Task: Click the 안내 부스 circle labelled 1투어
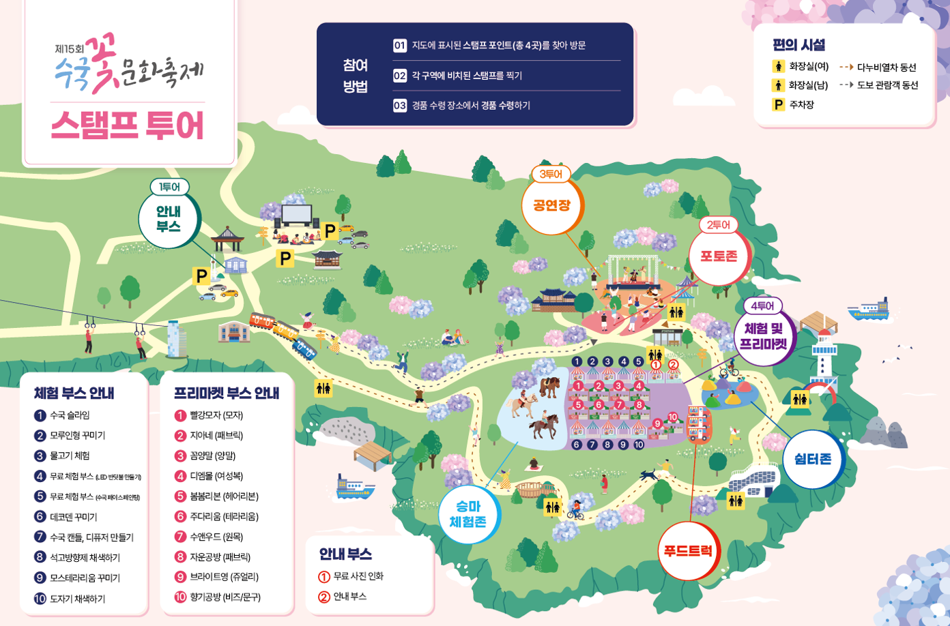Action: tap(169, 220)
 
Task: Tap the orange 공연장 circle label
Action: tap(551, 205)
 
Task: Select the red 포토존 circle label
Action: tap(719, 256)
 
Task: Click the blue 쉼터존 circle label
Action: tap(813, 459)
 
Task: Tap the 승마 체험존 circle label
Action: tap(467, 514)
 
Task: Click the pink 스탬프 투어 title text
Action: tap(128, 125)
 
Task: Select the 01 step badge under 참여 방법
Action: tap(400, 46)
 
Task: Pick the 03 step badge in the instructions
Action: tap(400, 106)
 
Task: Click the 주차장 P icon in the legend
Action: tap(778, 105)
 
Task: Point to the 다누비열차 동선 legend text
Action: tap(887, 68)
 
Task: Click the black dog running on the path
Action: tap(649, 475)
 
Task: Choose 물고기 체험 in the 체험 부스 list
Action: tap(70, 456)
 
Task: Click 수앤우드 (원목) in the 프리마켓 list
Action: tap(216, 537)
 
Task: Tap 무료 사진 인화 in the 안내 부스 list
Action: tap(358, 576)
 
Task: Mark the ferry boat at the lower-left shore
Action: tap(355, 488)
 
